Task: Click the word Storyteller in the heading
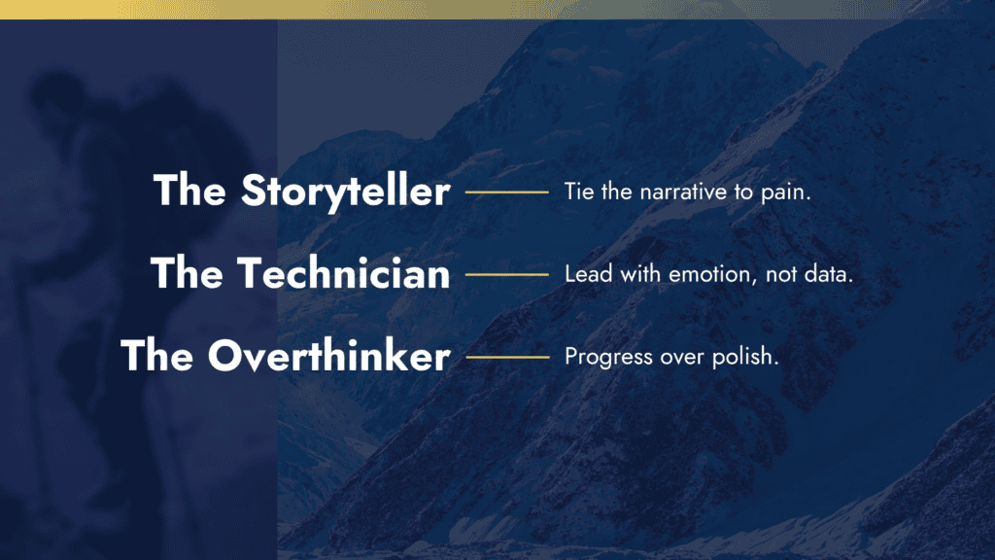point(346,191)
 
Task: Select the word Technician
point(344,273)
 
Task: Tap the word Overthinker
point(329,356)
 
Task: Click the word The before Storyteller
point(189,190)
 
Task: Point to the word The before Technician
point(188,273)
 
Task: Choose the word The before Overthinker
point(157,355)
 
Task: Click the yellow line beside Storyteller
point(507,192)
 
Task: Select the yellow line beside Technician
point(507,274)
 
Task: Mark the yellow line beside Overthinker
point(507,357)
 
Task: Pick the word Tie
point(579,192)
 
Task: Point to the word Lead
point(589,273)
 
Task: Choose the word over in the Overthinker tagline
point(682,358)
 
